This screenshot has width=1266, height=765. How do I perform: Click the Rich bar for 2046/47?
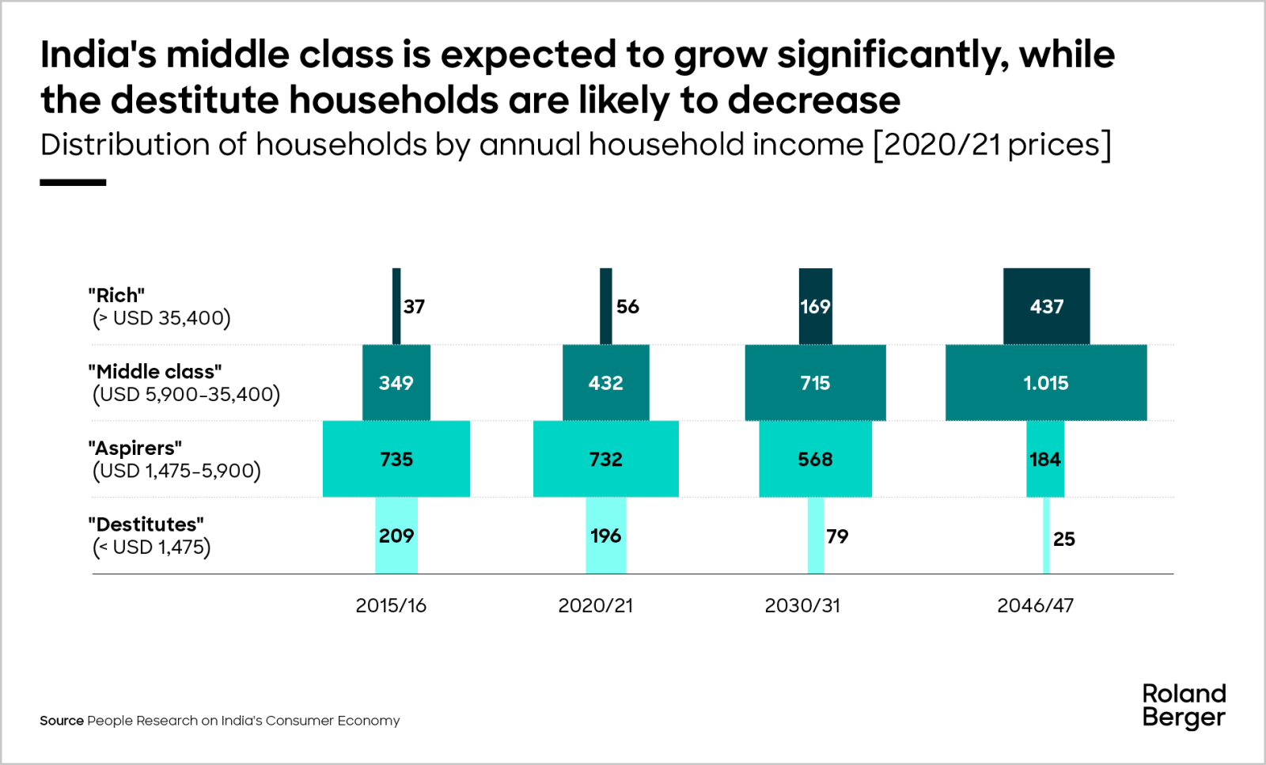(1046, 306)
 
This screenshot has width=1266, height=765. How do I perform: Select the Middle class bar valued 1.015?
(1046, 383)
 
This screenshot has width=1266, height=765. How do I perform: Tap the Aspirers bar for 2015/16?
(396, 459)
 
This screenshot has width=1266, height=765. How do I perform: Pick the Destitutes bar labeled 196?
(605, 536)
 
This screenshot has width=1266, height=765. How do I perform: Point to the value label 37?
(414, 307)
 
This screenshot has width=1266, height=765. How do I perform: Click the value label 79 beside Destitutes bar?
(837, 536)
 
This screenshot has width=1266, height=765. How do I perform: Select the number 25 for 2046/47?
(1063, 539)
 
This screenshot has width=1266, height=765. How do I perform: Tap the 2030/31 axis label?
(802, 605)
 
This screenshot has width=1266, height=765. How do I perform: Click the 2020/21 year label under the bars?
(595, 605)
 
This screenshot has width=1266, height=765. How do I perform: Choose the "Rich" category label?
(116, 295)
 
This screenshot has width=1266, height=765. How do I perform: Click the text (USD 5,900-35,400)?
(187, 394)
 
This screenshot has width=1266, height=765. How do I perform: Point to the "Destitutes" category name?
(146, 524)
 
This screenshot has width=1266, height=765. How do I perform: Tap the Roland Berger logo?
(1184, 705)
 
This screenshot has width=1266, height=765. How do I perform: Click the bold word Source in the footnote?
(62, 721)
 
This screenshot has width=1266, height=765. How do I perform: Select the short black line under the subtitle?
(73, 183)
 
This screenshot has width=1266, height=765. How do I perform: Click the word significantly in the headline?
(893, 55)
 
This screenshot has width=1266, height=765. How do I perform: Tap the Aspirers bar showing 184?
(1044, 459)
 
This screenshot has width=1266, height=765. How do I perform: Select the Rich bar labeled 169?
(815, 306)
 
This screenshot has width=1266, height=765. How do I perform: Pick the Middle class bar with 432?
(605, 383)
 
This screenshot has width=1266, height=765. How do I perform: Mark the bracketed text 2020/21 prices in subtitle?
(992, 145)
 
